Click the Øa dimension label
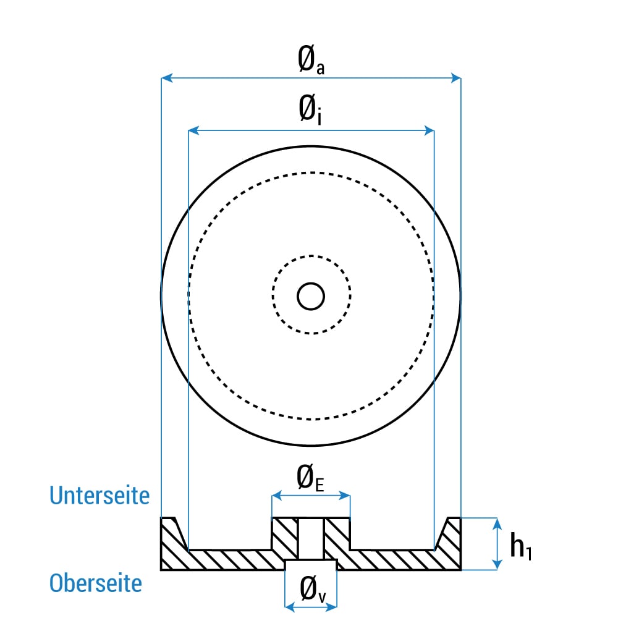pos(311,60)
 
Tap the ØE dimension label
pos(311,478)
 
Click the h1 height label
pos(521,546)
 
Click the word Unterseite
pos(99,496)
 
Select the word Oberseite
pos(96,583)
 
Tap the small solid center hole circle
pos(311,297)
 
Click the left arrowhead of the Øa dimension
pos(167,78)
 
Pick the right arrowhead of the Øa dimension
pos(455,78)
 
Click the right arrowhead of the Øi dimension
pos(429,130)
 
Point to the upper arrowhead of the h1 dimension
pos(497,523)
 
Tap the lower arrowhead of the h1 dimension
pos(497,564)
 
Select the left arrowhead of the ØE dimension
pos(277,496)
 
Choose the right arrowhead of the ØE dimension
pos(345,496)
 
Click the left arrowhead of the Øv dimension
pos(290,607)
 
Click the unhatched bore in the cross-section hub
pos(311,538)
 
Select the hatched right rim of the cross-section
pos(450,544)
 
